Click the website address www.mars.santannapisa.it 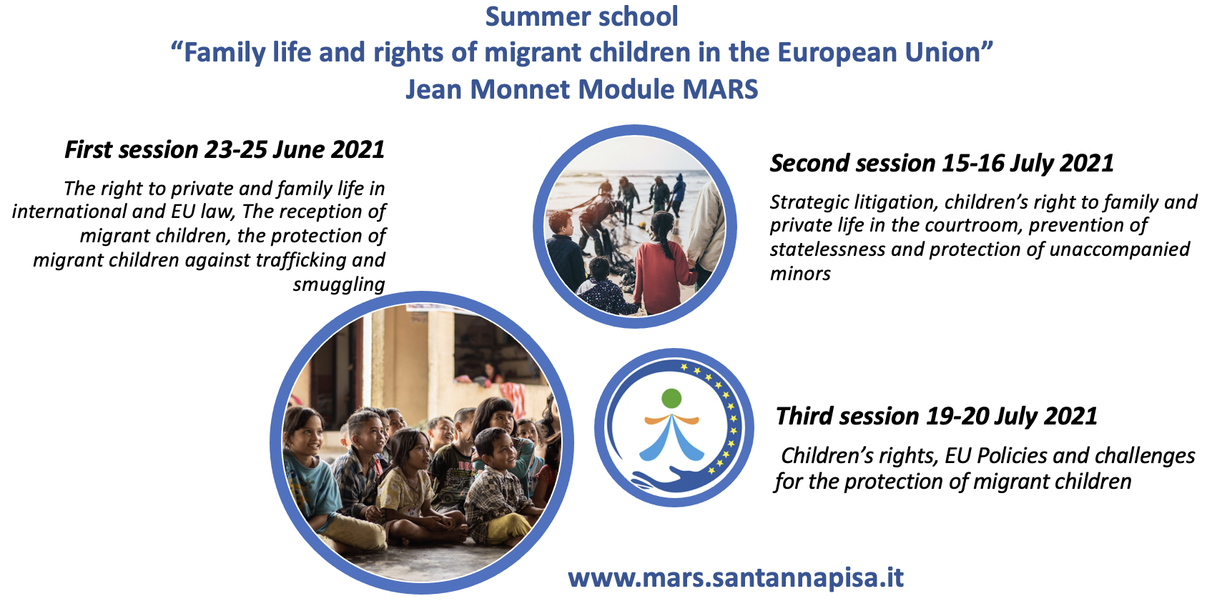[736, 577]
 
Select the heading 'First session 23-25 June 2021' [225, 150]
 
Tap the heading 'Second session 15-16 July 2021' [942, 164]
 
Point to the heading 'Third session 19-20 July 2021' [936, 417]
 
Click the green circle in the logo [671, 399]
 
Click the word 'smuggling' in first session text [339, 284]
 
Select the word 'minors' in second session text [800, 274]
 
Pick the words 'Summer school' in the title [581, 16]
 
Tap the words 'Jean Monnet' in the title [488, 89]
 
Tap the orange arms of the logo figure [671, 419]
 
